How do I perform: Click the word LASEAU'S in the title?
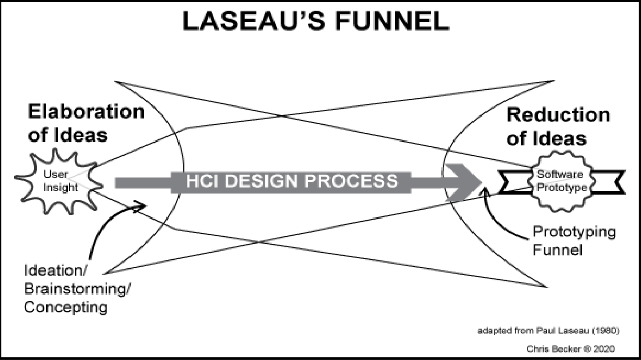254,21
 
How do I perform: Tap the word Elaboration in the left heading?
86,112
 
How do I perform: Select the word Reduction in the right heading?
558,115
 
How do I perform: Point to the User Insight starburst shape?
58,181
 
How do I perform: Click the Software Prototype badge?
561,181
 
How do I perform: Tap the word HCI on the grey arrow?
201,181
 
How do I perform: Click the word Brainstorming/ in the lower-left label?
77,289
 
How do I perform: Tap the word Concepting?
66,307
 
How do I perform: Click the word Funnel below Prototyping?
557,250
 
